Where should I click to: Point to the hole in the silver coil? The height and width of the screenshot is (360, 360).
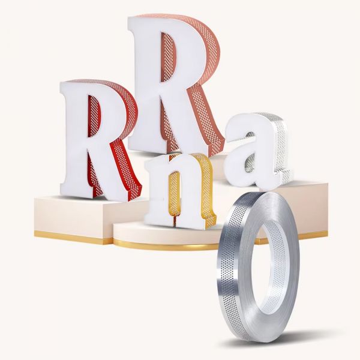pyautogui.click(x=266, y=266)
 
